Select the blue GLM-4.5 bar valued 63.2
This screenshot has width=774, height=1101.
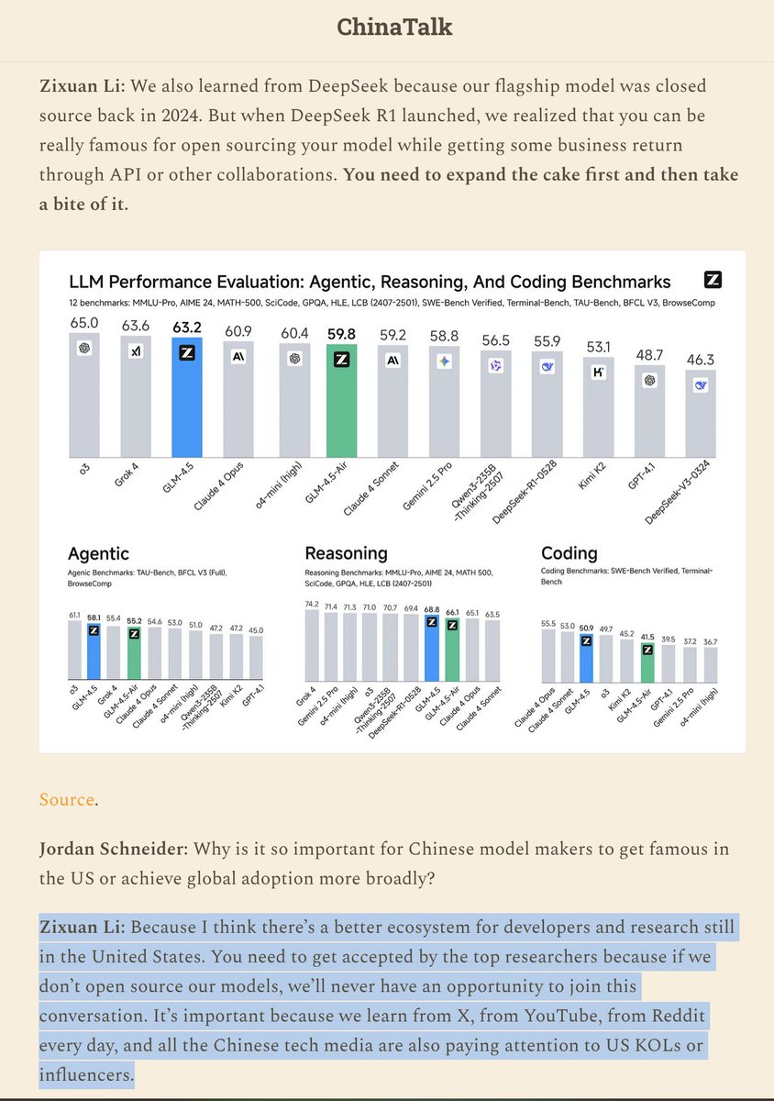[x=188, y=399]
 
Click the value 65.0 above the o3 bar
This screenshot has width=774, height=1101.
[x=84, y=323]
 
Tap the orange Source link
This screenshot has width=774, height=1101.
[x=66, y=799]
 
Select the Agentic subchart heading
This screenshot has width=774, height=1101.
[x=98, y=553]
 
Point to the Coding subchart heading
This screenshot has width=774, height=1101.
[x=569, y=553]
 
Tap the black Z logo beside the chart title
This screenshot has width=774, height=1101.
[x=712, y=280]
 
